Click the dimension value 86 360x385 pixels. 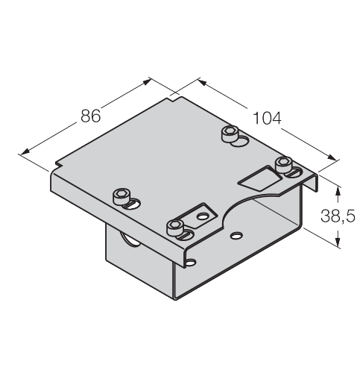(x=91, y=116)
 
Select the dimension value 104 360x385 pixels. (x=267, y=118)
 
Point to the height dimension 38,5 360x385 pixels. (x=338, y=216)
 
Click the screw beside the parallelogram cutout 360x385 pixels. (x=283, y=164)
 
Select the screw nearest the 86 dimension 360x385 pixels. (x=121, y=196)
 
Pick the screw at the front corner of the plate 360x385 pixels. (x=175, y=228)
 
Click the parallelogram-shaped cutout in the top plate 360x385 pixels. (x=260, y=178)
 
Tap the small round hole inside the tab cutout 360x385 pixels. (x=203, y=216)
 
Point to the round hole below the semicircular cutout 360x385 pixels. (x=236, y=235)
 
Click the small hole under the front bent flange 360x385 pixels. (x=192, y=262)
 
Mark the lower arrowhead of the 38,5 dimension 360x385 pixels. (x=338, y=242)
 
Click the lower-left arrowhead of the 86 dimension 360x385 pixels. (x=25, y=151)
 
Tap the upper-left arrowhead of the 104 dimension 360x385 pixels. (x=203, y=83)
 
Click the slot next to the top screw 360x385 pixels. (x=240, y=142)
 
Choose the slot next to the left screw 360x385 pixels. (x=132, y=204)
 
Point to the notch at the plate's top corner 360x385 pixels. (x=174, y=99)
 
